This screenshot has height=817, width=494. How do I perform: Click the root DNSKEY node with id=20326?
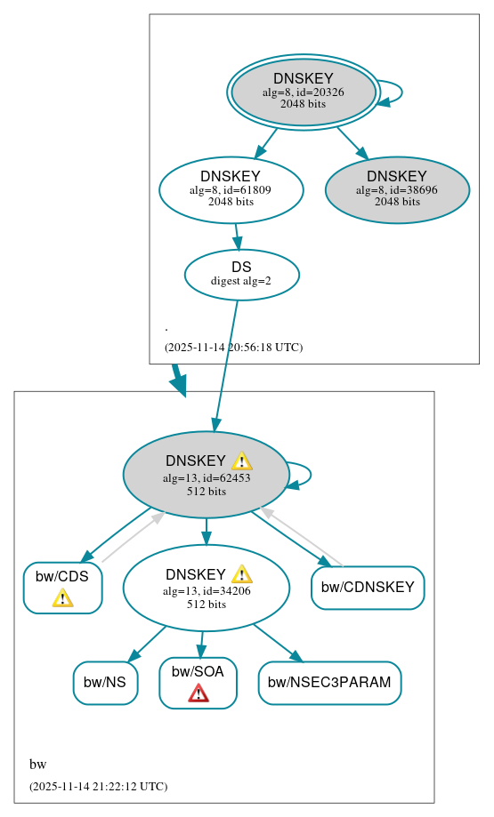[x=304, y=92]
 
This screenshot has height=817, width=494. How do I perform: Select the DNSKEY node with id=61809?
[x=231, y=189]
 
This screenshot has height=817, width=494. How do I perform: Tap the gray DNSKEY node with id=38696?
[x=397, y=189]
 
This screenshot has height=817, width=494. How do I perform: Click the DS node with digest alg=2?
[x=241, y=274]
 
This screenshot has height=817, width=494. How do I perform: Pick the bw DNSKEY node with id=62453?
[x=206, y=475]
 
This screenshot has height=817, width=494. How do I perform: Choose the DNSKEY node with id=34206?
[x=206, y=588]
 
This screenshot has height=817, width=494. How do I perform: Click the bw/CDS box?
[x=62, y=588]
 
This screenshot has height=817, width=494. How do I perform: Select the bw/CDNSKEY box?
[x=368, y=588]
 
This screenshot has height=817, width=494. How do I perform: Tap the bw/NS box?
[x=105, y=683]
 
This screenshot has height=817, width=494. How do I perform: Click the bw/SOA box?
[x=198, y=683]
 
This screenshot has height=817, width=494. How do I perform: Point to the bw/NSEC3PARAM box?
[x=329, y=683]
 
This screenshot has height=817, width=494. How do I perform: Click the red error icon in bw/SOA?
[x=198, y=693]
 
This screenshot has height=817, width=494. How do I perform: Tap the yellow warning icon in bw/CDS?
[x=62, y=597]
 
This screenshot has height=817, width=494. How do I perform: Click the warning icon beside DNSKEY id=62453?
[x=241, y=461]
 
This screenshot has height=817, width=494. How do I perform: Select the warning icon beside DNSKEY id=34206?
[x=241, y=574]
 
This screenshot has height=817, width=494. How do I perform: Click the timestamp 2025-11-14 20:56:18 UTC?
[x=233, y=348]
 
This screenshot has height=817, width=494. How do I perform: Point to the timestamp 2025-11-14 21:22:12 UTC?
[x=98, y=787]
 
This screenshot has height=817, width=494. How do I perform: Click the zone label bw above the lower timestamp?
[x=37, y=765]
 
